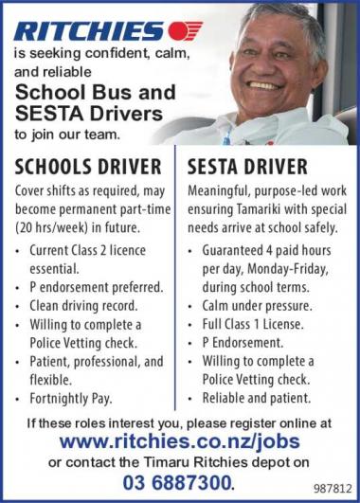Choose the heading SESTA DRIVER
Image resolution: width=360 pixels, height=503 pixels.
(246, 168)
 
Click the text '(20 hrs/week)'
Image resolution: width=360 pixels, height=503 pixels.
(48, 228)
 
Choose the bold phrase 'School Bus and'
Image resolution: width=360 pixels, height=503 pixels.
(95, 94)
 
